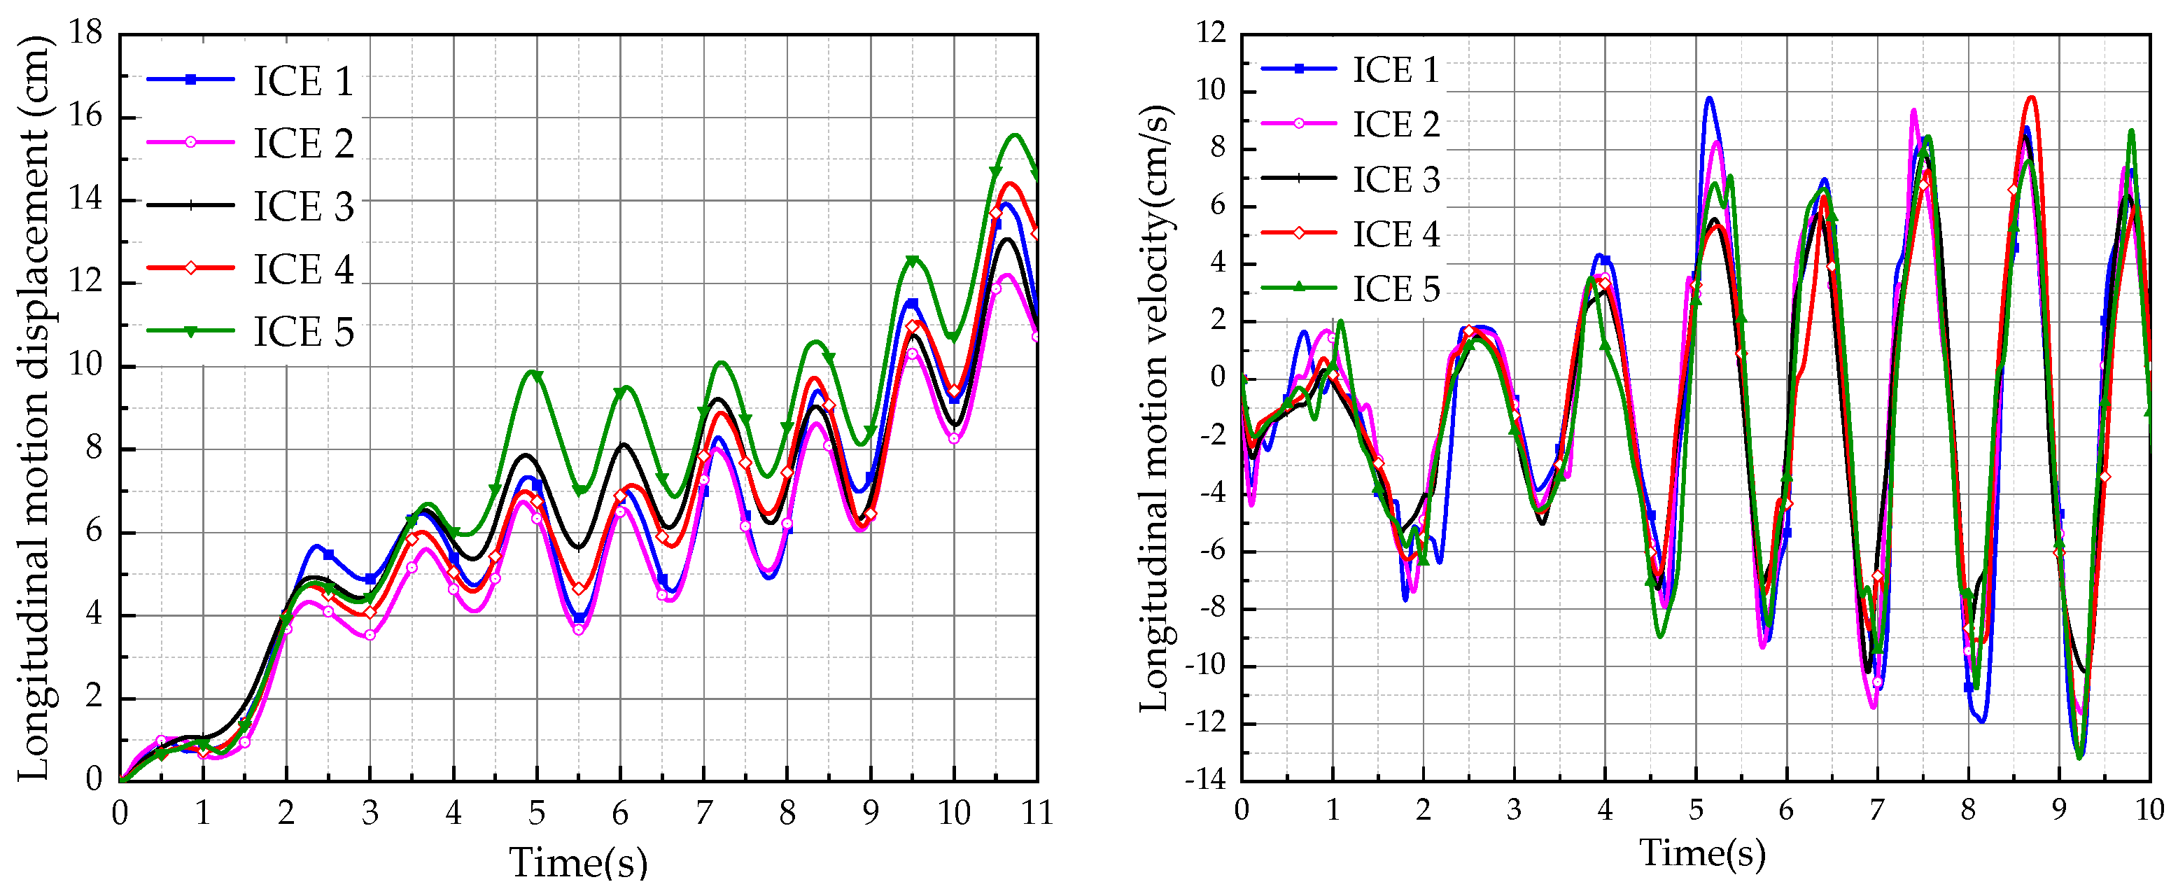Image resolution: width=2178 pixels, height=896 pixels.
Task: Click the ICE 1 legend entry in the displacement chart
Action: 302,81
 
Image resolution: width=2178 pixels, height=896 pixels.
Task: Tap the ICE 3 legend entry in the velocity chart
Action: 1396,179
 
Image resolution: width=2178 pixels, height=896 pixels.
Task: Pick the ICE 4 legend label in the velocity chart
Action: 1396,234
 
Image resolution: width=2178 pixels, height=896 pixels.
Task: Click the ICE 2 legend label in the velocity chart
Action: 1396,125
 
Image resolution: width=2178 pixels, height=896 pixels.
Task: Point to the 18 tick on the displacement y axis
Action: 85,33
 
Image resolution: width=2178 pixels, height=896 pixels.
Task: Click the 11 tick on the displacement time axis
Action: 1037,813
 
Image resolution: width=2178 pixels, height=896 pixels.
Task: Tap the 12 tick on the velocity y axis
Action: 1211,33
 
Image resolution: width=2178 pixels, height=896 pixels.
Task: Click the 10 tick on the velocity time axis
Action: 2149,810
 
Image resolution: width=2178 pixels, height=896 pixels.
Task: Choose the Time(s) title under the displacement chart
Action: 578,862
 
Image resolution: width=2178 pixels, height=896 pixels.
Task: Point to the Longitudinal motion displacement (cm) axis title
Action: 34,407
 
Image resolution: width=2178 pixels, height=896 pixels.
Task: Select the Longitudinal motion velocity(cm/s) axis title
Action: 1155,407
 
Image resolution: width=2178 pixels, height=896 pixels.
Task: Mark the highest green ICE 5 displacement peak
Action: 1016,134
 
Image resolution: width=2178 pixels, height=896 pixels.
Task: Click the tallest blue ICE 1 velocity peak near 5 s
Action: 1710,97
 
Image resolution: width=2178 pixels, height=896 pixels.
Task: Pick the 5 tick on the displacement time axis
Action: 537,813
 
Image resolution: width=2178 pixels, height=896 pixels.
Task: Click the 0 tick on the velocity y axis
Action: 1218,377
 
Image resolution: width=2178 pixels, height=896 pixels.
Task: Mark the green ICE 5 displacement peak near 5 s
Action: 533,371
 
